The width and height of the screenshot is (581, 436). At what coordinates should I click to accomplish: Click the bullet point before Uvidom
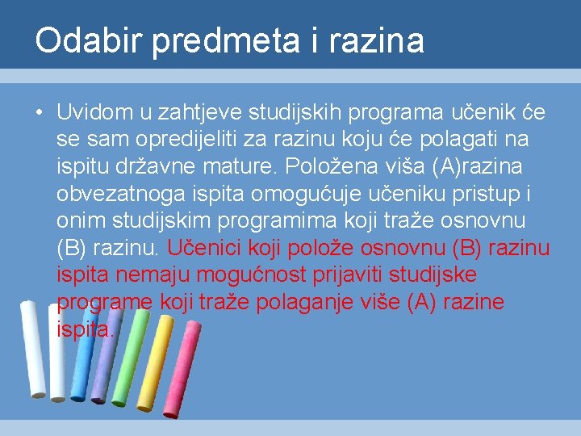tap(39, 113)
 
